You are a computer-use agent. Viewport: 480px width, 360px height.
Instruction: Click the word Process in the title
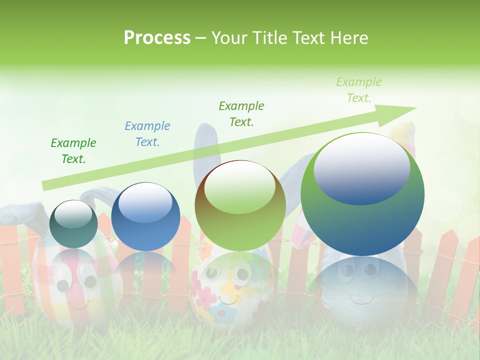click(157, 38)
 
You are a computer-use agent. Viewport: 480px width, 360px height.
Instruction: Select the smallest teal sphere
click(73, 224)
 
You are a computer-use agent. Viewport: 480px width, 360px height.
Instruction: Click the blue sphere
click(145, 216)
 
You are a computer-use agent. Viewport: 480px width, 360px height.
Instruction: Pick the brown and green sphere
click(240, 205)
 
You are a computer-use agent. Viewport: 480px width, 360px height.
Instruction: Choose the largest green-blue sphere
click(362, 194)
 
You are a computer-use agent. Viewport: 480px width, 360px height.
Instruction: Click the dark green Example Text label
click(73, 150)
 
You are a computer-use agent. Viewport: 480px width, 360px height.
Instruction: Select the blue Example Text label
click(147, 133)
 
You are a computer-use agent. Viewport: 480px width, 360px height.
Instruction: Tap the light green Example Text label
click(358, 90)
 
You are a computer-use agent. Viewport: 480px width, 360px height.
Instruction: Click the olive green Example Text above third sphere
click(241, 113)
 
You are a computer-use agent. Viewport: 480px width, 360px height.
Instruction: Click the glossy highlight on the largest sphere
click(361, 167)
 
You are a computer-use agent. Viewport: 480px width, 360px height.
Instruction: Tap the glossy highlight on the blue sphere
click(145, 202)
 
